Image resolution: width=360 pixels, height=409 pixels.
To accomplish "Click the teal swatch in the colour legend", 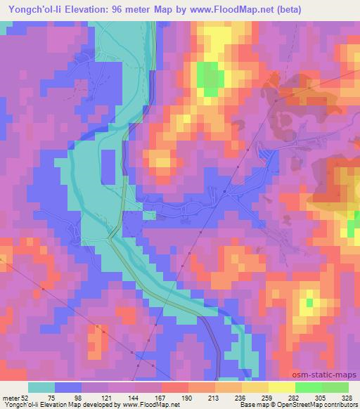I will [x=41, y=387].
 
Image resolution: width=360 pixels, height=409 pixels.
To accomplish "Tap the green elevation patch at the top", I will [x=208, y=77].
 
